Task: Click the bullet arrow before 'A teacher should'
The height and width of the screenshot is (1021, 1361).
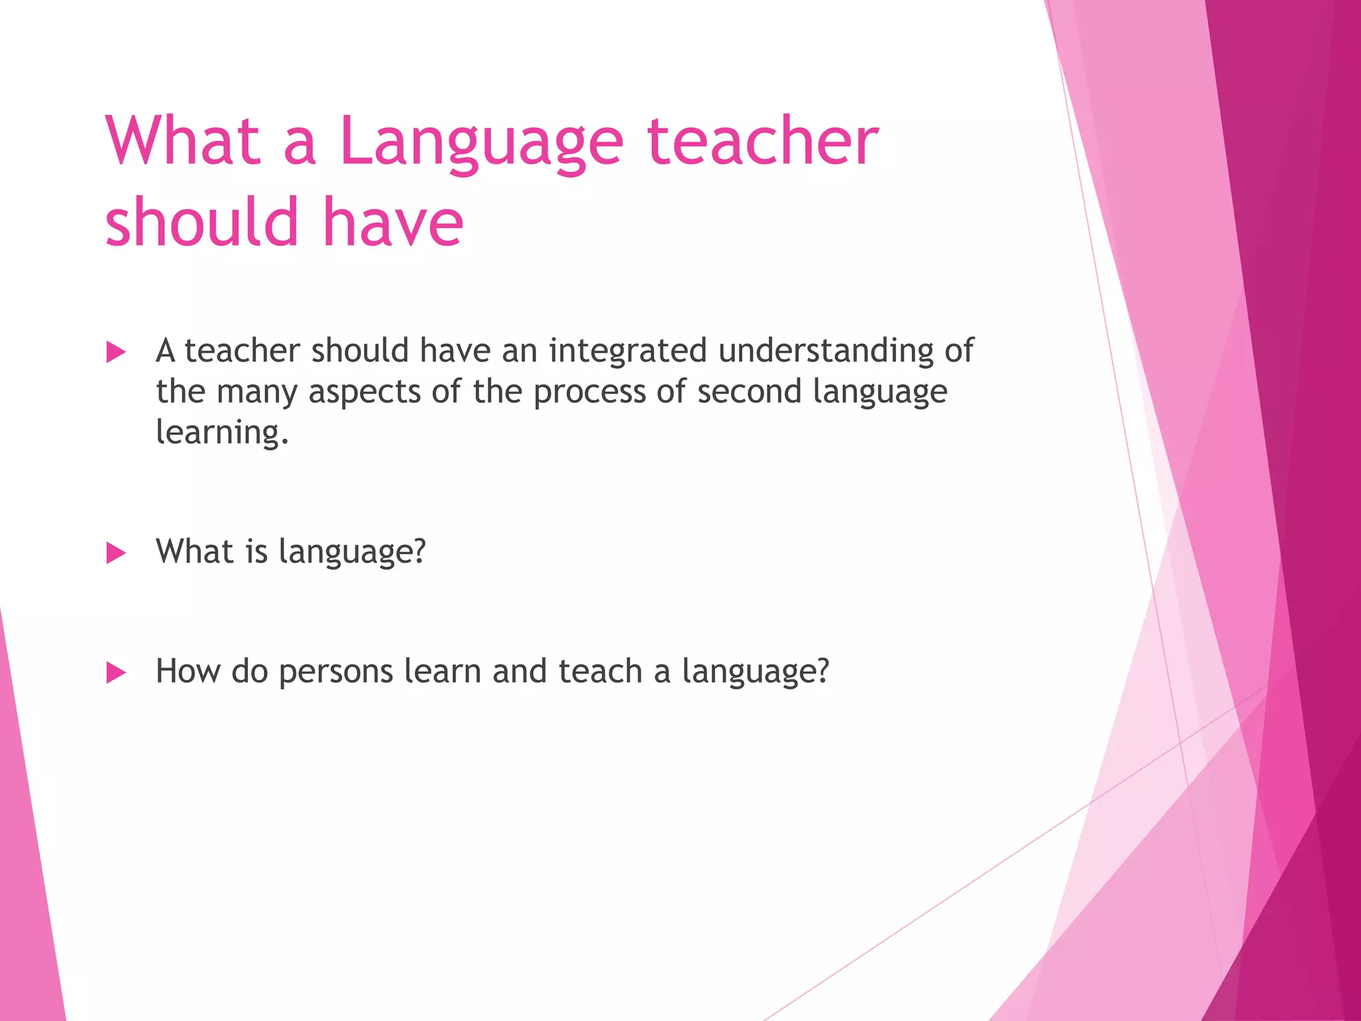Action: coord(116,352)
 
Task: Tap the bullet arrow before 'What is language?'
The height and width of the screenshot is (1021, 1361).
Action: coord(116,553)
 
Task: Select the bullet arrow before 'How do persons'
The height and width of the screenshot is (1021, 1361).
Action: coord(116,673)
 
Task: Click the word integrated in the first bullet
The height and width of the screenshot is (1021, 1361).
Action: coord(627,351)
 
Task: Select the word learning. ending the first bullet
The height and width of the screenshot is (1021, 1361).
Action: coord(222,433)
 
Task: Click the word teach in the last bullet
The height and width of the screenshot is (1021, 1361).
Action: coord(600,671)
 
